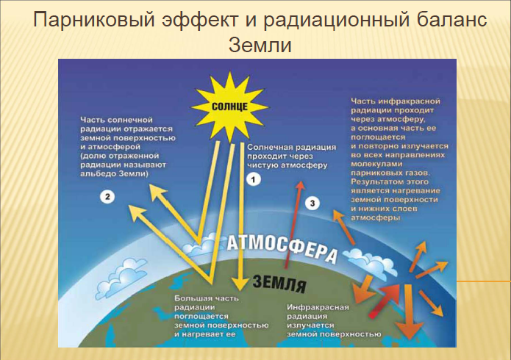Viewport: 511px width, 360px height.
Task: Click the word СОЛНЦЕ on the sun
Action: tap(229, 107)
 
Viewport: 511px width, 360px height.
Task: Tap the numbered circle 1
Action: tap(254, 179)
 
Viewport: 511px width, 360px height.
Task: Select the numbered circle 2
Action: tap(107, 196)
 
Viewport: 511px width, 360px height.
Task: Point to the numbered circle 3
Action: tap(312, 204)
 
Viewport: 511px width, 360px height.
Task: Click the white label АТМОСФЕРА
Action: tap(282, 248)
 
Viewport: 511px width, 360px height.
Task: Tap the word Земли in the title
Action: tap(260, 46)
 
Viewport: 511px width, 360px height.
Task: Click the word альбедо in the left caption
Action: tap(98, 173)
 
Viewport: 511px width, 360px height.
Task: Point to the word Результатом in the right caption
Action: tap(374, 181)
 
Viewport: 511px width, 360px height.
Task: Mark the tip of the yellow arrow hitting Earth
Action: tap(241, 289)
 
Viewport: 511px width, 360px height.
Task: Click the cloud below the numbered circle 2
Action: tap(121, 278)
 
